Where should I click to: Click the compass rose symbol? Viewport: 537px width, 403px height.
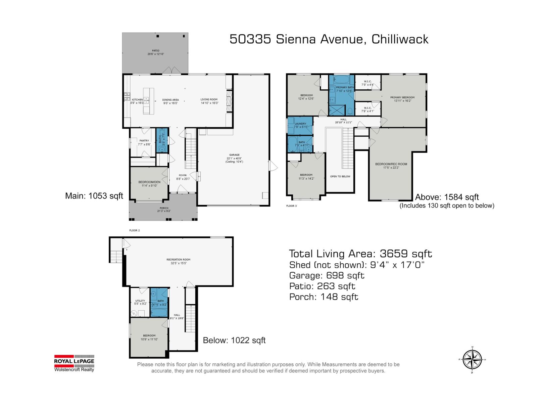coord(472,359)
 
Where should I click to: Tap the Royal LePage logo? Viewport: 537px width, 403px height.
coord(74,363)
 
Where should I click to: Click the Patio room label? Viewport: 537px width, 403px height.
coord(155,52)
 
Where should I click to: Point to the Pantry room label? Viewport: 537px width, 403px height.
coord(144,142)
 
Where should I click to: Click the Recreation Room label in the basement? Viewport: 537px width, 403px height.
coord(178,261)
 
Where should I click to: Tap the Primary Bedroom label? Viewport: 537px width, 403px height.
coord(402,99)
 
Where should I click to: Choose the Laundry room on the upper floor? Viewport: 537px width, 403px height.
coord(300,125)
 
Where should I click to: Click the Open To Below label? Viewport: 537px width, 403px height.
coord(340,176)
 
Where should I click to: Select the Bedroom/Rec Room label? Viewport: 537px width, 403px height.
coord(391,166)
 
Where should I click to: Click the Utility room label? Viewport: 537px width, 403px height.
coord(140,302)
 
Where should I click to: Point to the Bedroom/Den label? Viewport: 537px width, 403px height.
coord(149,184)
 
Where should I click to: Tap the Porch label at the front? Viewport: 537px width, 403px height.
coord(164,210)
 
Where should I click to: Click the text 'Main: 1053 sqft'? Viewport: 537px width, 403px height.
coord(94,196)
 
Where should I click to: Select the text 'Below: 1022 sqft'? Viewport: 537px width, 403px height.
coord(234,340)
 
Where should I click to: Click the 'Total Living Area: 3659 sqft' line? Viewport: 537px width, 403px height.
coord(360,254)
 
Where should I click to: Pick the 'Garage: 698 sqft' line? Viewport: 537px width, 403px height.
coord(327,276)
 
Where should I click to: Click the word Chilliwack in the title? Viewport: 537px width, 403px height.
coord(400,39)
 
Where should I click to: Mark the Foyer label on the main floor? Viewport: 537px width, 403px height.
coord(183,177)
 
